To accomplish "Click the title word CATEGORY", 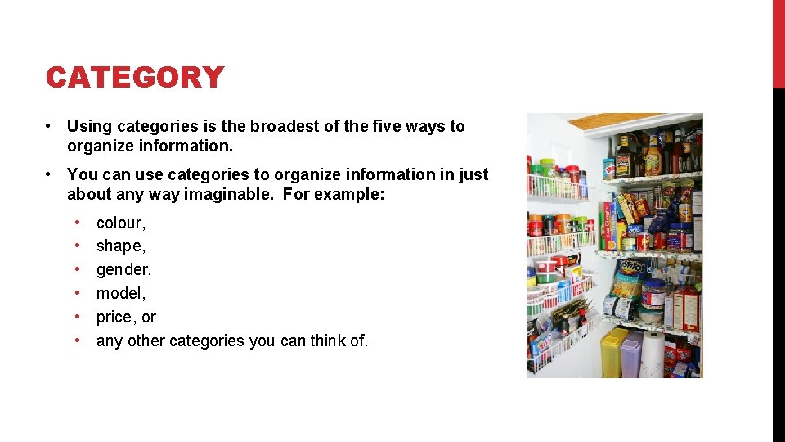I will pyautogui.click(x=135, y=78).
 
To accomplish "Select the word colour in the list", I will pyautogui.click(x=119, y=223).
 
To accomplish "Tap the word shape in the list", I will pyautogui.click(x=119, y=246).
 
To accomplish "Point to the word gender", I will pyautogui.click(x=123, y=270).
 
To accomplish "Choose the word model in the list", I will pyautogui.click(x=119, y=293).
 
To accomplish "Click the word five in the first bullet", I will pyautogui.click(x=388, y=126).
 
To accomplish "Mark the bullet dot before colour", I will pyautogui.click(x=78, y=223).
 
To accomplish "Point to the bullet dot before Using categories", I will pyautogui.click(x=50, y=126).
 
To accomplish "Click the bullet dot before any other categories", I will pyautogui.click(x=78, y=341).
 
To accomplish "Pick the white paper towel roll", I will pyautogui.click(x=653, y=354).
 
